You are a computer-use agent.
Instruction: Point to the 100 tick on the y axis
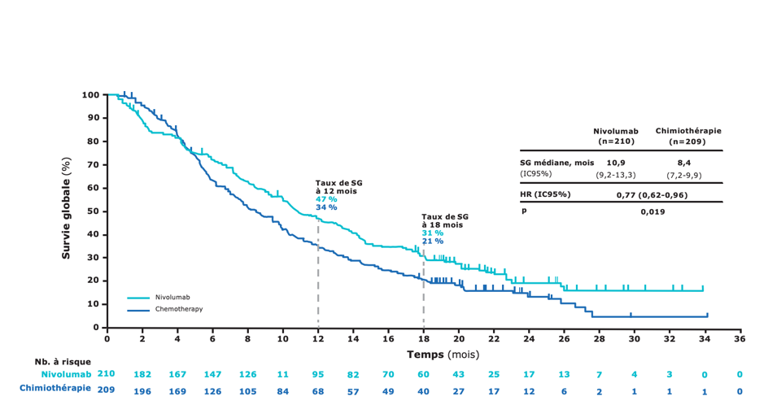(x=90, y=95)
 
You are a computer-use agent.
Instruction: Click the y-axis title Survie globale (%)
(x=67, y=209)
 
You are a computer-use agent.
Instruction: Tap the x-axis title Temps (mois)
(x=443, y=355)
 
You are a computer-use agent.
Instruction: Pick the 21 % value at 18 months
(x=432, y=242)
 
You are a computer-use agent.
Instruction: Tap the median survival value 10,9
(x=616, y=162)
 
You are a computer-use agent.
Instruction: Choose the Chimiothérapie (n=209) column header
(x=687, y=136)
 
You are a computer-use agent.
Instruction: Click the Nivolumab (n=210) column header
(x=616, y=136)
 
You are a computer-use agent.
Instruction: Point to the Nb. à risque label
(x=63, y=362)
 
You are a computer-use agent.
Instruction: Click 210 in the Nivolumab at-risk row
(x=106, y=374)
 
